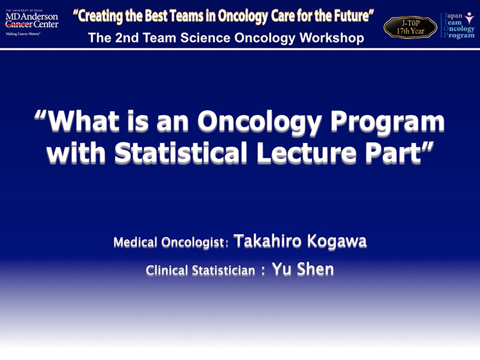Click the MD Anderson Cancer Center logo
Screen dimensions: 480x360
(x=32, y=23)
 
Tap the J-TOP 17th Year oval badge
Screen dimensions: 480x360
(x=410, y=27)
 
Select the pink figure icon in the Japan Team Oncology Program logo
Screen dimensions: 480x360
(x=469, y=18)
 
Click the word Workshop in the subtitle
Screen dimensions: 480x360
(x=332, y=38)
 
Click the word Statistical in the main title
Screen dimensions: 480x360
(x=181, y=152)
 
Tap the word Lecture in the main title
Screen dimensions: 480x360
(x=307, y=152)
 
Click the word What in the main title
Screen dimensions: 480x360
(x=83, y=121)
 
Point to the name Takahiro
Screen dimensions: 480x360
(x=268, y=241)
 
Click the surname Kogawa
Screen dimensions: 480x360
(x=337, y=242)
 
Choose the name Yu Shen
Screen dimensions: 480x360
(x=303, y=269)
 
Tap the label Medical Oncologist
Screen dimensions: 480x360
(x=169, y=242)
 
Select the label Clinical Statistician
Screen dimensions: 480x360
(x=200, y=271)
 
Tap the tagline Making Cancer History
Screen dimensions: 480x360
(x=23, y=34)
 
